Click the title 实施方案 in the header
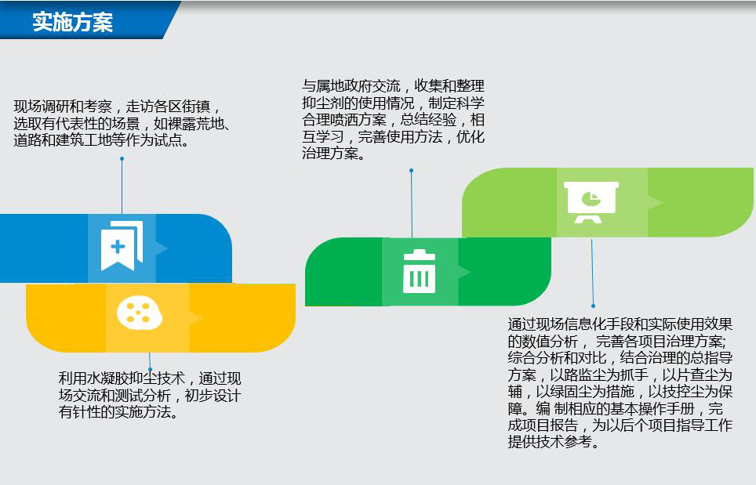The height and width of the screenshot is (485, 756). click(x=72, y=22)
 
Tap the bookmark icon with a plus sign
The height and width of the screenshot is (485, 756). click(x=122, y=245)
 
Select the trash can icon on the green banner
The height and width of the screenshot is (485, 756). click(x=419, y=271)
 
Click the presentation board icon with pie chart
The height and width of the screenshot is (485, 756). click(x=591, y=202)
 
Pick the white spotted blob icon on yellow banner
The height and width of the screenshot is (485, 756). click(x=140, y=313)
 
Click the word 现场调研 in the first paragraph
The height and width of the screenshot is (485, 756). click(x=42, y=107)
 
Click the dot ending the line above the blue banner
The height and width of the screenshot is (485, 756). click(x=122, y=158)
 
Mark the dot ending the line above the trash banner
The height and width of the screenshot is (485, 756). click(x=411, y=171)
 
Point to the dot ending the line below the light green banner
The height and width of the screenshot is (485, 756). click(x=593, y=306)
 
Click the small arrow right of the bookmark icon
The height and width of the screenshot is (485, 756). click(x=162, y=248)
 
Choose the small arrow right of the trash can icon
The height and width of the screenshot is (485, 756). click(x=464, y=272)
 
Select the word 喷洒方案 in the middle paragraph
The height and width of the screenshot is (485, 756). click(x=358, y=120)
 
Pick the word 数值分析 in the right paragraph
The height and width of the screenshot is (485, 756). click(x=550, y=342)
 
